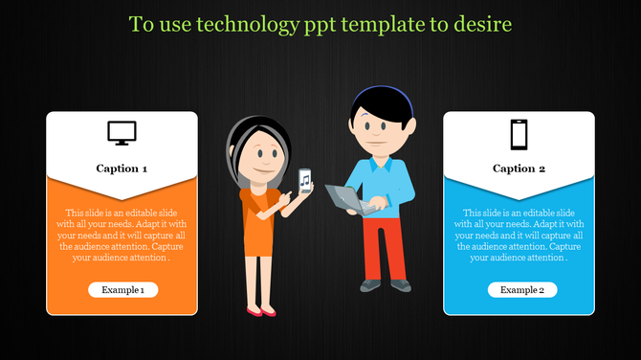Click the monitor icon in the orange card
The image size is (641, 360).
[x=122, y=134]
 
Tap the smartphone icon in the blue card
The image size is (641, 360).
[x=519, y=134]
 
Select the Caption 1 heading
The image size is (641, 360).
[x=122, y=169]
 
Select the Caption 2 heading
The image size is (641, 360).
[x=519, y=169]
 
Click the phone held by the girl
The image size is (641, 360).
[x=304, y=181]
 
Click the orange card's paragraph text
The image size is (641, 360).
[x=122, y=235]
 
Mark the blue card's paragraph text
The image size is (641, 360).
[x=519, y=235]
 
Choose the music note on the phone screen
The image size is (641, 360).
[x=304, y=180]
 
